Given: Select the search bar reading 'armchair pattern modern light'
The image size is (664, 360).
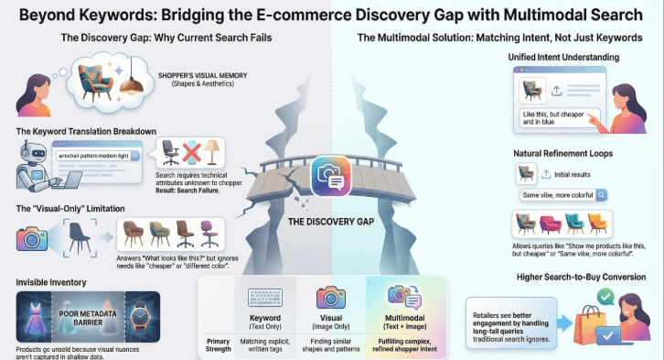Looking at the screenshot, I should pos(94,156).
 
